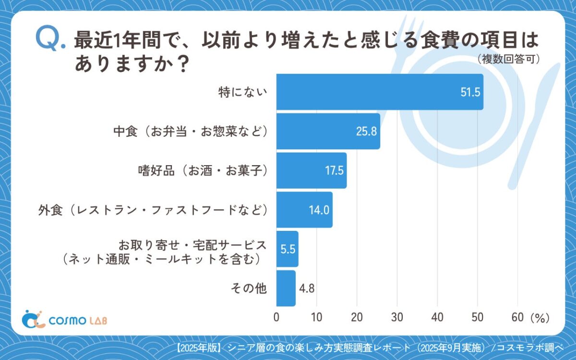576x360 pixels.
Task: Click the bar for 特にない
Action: [379, 92]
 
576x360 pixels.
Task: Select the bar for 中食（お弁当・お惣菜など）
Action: [328, 131]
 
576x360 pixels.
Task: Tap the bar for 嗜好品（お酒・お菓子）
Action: [311, 170]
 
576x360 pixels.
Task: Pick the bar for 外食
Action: [304, 210]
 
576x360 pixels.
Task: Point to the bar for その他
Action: [286, 288]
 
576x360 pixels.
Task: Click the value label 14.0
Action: [319, 210]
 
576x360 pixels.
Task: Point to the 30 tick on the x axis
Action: [397, 318]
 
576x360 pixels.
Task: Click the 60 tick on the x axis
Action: [517, 318]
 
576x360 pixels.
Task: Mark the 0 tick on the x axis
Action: [276, 318]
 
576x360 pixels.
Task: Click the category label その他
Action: [248, 288]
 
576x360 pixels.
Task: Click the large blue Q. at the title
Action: [49, 39]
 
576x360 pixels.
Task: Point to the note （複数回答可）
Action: [509, 60]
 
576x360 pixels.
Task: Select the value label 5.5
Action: [287, 250]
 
